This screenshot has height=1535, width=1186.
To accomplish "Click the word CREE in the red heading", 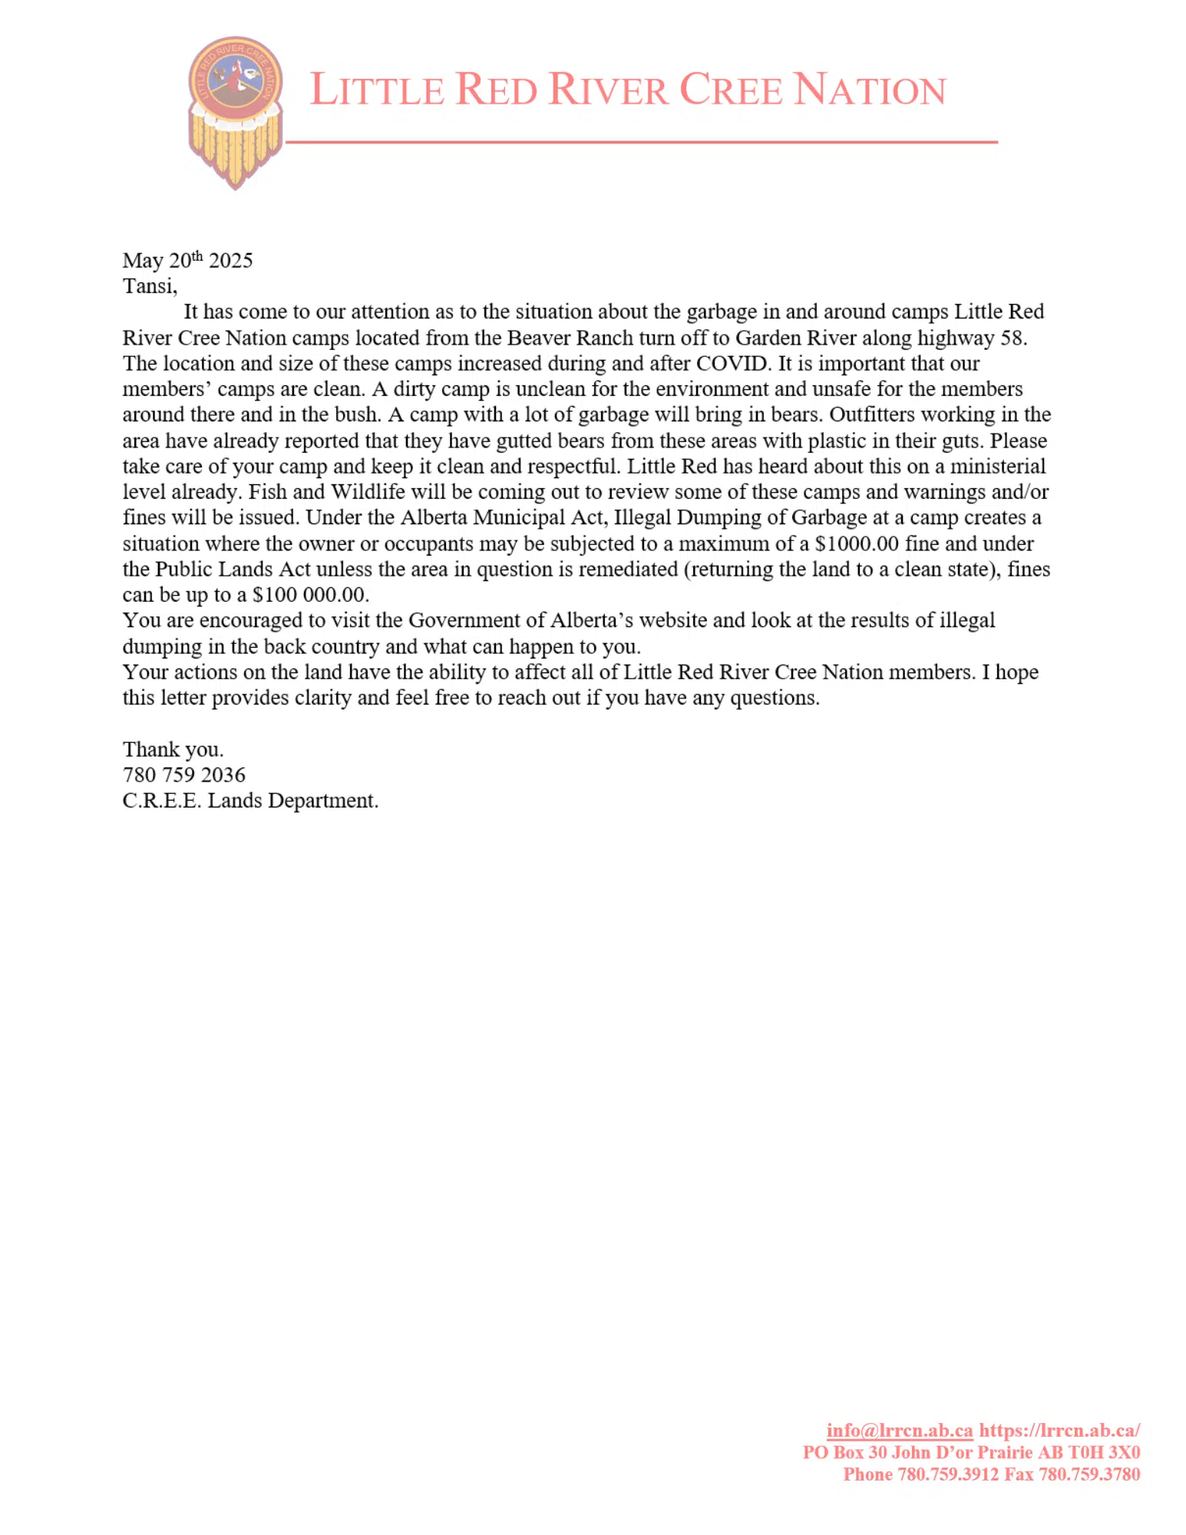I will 731,90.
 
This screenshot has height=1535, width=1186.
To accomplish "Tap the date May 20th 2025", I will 187,260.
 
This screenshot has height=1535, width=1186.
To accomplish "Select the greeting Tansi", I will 149,286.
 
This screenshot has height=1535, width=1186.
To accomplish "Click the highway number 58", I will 1013,338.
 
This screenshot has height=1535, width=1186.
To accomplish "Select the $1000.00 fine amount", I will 856,543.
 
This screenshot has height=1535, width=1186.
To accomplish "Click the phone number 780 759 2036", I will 184,775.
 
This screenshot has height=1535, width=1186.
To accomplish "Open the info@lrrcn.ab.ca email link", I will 899,1430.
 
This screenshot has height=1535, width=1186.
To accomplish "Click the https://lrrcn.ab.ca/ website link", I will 1059,1430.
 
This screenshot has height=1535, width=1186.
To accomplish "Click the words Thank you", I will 173,749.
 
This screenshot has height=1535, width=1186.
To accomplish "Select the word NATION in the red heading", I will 870,90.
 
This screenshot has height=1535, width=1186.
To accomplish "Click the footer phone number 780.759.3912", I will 948,1474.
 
